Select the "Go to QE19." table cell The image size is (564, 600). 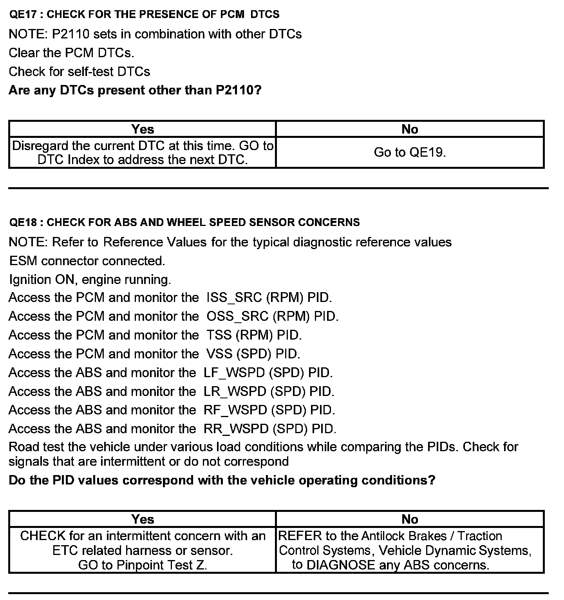[x=410, y=152]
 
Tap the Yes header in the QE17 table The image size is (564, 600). [x=143, y=129]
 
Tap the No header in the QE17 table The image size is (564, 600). [x=410, y=129]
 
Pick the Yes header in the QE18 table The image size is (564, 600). [x=143, y=519]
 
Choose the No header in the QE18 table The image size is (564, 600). [x=410, y=519]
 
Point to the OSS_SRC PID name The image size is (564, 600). [x=238, y=316]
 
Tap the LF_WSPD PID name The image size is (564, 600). [x=234, y=372]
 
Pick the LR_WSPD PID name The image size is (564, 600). [x=235, y=391]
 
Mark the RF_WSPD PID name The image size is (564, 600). [x=235, y=410]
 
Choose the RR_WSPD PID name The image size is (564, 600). [x=236, y=429]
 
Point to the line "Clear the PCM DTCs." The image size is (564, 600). [x=71, y=53]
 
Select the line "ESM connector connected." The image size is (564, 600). [x=87, y=261]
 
